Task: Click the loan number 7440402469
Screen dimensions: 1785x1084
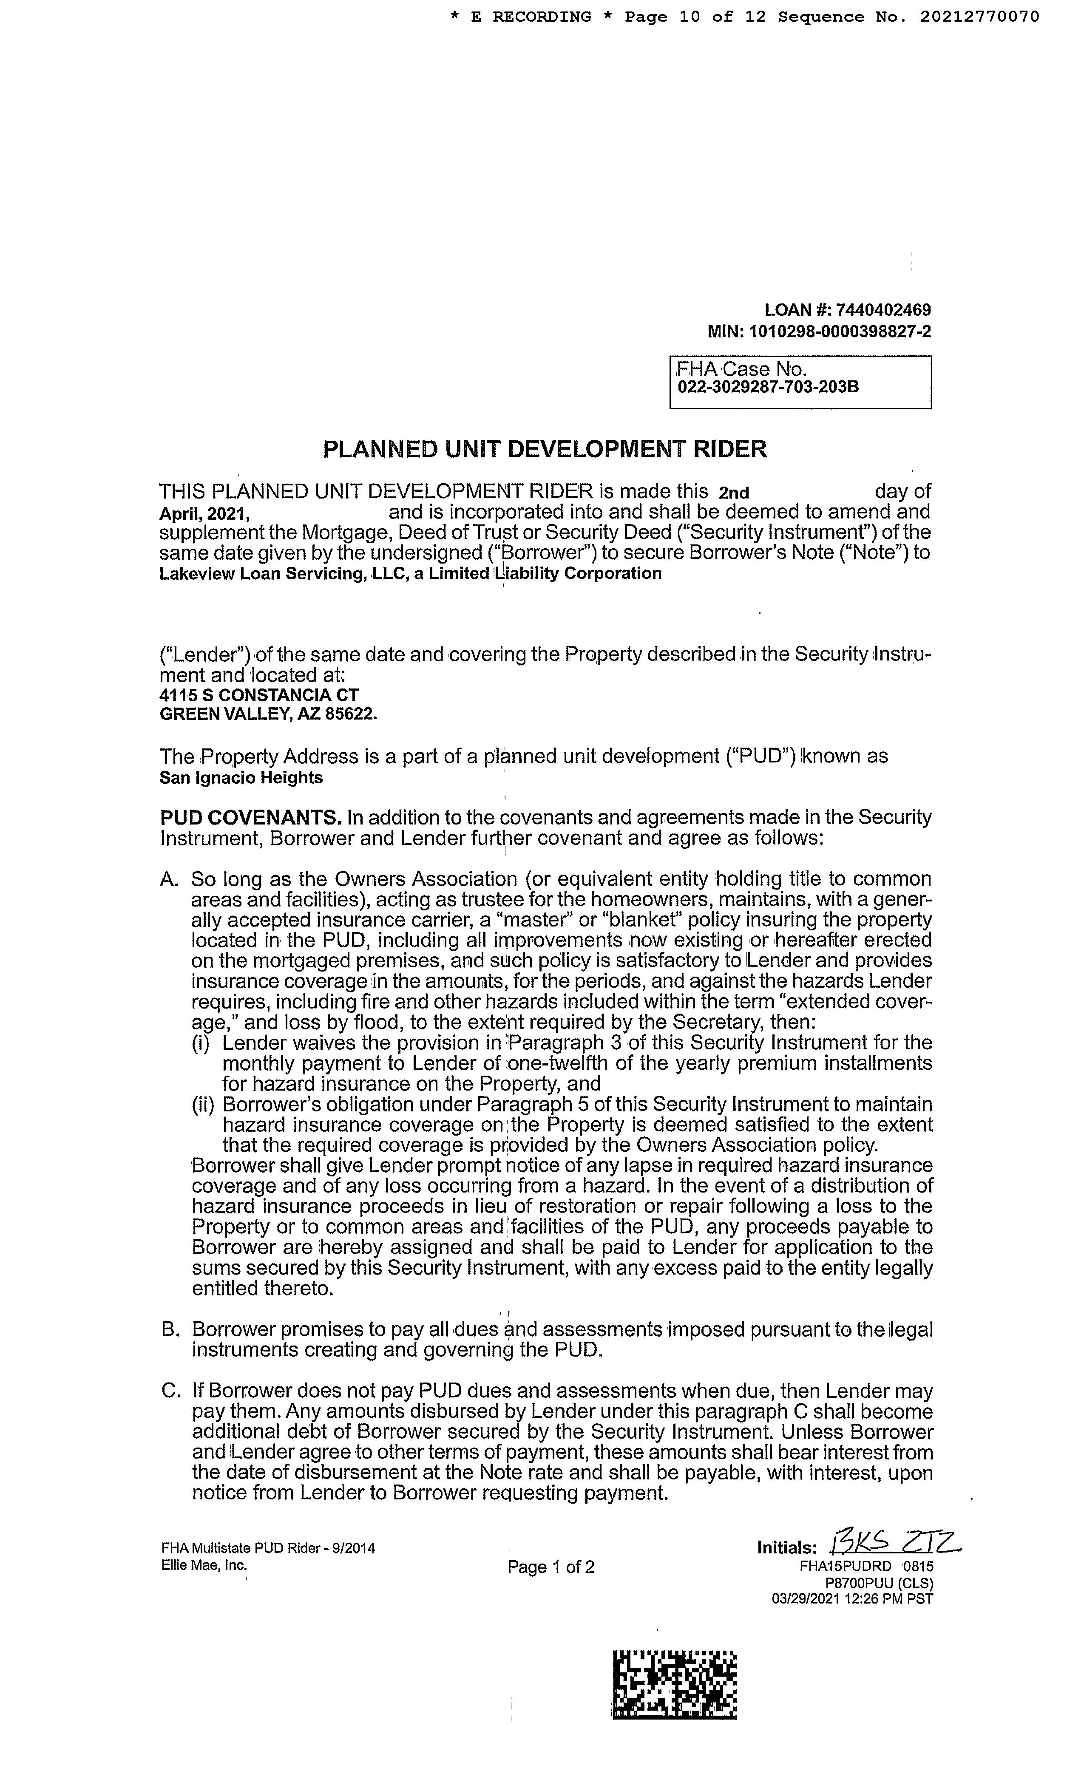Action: tap(883, 310)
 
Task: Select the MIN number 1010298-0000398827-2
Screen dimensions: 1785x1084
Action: tap(840, 332)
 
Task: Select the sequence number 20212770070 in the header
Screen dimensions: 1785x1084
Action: tap(979, 17)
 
